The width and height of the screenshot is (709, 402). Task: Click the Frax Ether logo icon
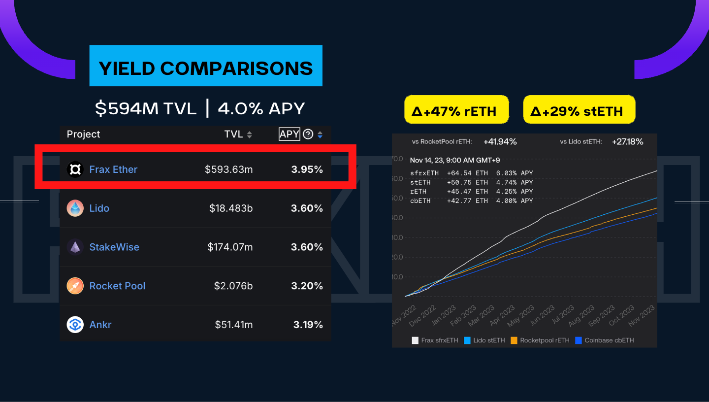(75, 169)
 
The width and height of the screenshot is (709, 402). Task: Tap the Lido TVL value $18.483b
(231, 208)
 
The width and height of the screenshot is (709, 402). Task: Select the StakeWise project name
(114, 247)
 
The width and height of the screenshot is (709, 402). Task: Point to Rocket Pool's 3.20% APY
(307, 286)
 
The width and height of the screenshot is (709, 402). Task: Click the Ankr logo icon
(75, 325)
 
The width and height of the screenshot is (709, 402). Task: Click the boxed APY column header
(289, 134)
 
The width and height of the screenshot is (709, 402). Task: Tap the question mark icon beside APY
(308, 134)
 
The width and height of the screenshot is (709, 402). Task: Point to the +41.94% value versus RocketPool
(500, 142)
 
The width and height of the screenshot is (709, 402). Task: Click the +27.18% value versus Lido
(627, 142)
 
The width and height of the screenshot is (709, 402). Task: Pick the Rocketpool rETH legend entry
(541, 340)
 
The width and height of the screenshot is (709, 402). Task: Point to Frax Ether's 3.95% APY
(307, 169)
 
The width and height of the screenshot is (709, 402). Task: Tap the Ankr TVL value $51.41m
(234, 325)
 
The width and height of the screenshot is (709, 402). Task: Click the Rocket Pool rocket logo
(75, 286)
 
